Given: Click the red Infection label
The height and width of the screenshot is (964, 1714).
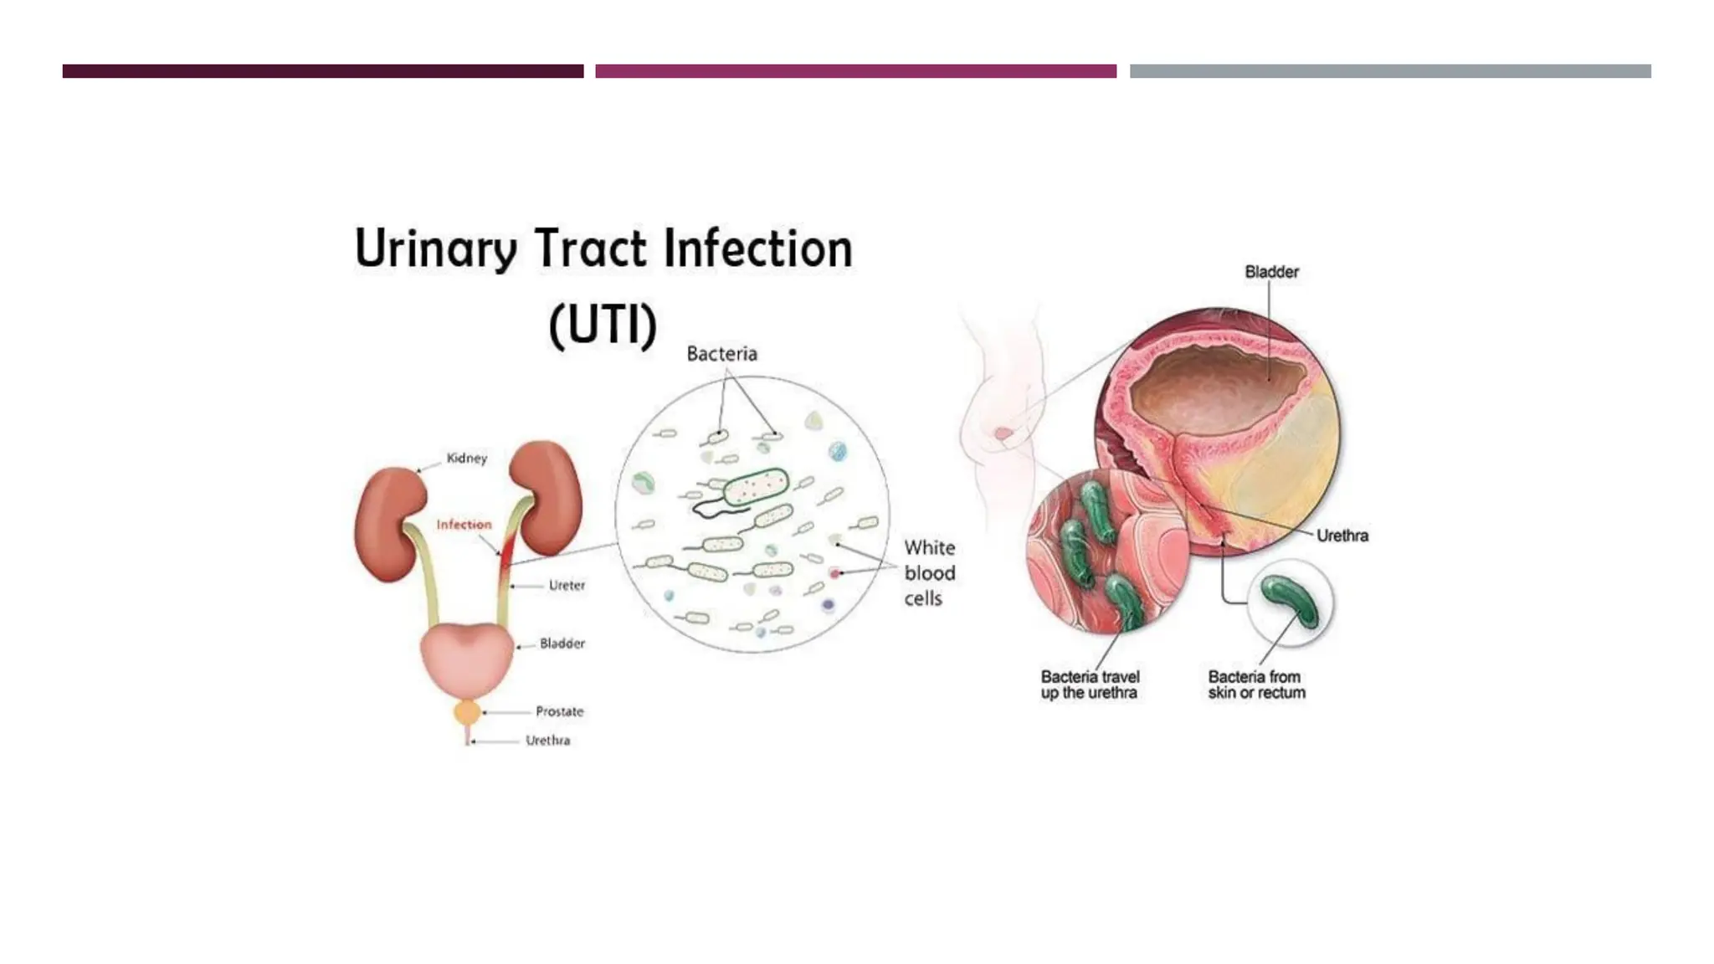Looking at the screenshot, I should click(464, 525).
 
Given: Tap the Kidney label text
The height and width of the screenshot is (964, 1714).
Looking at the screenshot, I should click(466, 458).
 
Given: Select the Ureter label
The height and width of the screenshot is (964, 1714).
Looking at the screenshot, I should click(567, 585).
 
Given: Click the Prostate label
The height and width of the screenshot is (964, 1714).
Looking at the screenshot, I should click(559, 711).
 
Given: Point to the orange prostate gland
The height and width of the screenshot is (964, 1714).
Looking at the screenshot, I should click(467, 713).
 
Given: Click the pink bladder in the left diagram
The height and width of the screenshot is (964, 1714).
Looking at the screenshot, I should click(467, 657).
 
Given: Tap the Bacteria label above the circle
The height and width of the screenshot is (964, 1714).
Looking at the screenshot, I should click(721, 354).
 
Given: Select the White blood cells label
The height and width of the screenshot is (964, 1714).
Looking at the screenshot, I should click(929, 573).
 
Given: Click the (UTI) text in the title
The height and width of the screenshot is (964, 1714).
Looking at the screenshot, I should click(603, 325).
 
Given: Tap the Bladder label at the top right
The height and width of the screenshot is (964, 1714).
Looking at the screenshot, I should click(1271, 272).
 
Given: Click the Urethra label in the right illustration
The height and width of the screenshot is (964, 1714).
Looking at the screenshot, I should click(1342, 536).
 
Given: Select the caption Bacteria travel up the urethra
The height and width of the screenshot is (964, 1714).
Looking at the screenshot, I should click(1090, 685).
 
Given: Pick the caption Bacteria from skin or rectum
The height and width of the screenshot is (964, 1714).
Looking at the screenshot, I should click(1256, 685).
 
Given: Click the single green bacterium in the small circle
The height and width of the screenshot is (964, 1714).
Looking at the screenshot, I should click(1290, 601).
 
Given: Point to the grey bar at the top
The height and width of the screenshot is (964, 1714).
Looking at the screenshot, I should click(1389, 71).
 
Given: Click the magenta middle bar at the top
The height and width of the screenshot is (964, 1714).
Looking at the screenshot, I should click(855, 71).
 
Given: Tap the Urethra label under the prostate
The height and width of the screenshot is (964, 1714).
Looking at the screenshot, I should click(547, 741).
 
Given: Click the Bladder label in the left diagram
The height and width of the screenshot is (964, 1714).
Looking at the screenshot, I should click(562, 644).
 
